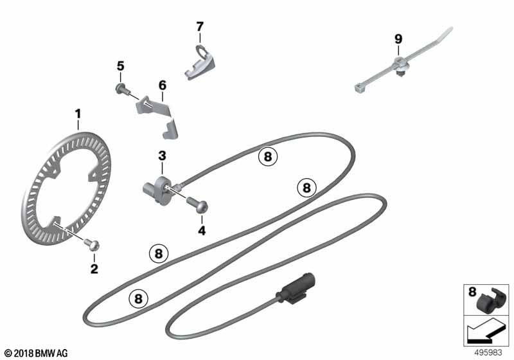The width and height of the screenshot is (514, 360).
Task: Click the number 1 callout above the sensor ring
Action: (78, 114)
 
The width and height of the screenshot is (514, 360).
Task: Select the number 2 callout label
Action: (94, 269)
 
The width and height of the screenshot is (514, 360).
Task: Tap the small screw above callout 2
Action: (91, 244)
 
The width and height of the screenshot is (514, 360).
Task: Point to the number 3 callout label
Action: (163, 156)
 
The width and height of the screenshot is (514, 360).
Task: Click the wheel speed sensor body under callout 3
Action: (159, 190)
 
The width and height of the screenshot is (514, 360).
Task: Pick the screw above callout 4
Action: (198, 204)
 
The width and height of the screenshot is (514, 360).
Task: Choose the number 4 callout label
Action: (202, 231)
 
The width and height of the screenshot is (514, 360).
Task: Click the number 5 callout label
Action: (121, 66)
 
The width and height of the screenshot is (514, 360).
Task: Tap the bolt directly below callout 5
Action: (122, 89)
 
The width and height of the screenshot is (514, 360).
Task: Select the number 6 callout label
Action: (163, 85)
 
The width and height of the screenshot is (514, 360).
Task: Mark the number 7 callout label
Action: (200, 26)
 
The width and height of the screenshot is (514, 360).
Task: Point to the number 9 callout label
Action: (398, 39)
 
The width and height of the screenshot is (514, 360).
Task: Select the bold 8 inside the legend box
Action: (472, 291)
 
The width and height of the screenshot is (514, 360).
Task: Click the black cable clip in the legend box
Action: (489, 300)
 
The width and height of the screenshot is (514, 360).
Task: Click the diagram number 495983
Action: (488, 353)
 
